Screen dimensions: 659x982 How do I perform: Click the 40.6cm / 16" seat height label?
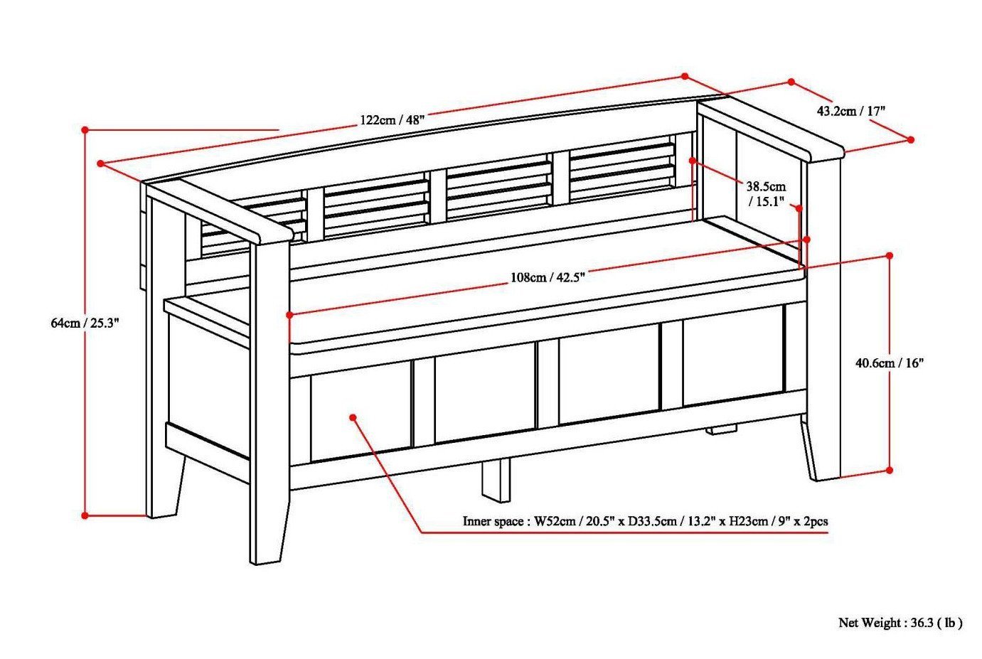point(889,363)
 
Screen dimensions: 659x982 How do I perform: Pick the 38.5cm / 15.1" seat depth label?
point(766,194)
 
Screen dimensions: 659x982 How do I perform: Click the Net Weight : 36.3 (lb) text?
point(900,623)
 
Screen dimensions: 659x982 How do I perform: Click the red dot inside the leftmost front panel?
point(353,417)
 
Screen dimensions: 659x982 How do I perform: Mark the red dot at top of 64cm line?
point(85,130)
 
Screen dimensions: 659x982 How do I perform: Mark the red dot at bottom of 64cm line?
point(85,515)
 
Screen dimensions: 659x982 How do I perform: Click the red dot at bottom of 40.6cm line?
point(889,470)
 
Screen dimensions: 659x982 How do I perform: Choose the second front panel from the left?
point(484,399)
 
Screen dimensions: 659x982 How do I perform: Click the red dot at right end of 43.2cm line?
point(911,141)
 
